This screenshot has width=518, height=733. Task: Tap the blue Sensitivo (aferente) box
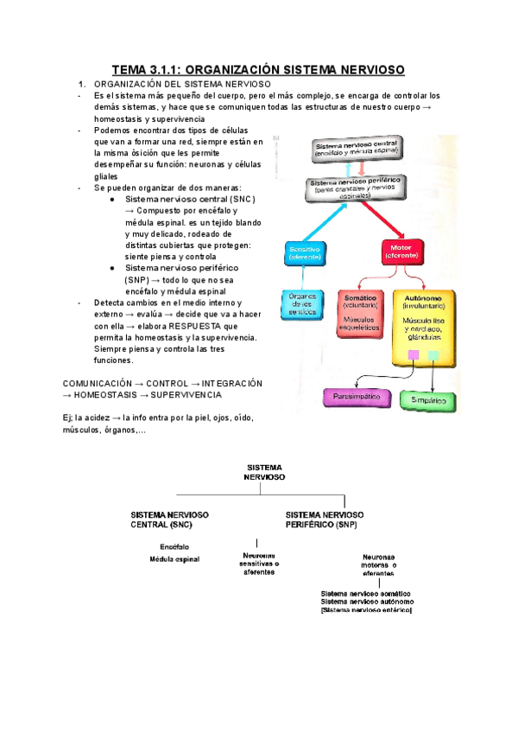point(305,252)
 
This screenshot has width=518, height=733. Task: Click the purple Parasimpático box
point(354,398)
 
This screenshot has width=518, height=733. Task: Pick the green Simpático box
point(428,401)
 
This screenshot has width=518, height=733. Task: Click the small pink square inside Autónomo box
point(414,355)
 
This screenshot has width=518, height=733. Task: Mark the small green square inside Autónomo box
point(433,355)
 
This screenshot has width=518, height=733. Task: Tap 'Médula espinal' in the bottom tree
point(174,559)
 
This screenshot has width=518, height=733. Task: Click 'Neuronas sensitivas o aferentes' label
point(260,563)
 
